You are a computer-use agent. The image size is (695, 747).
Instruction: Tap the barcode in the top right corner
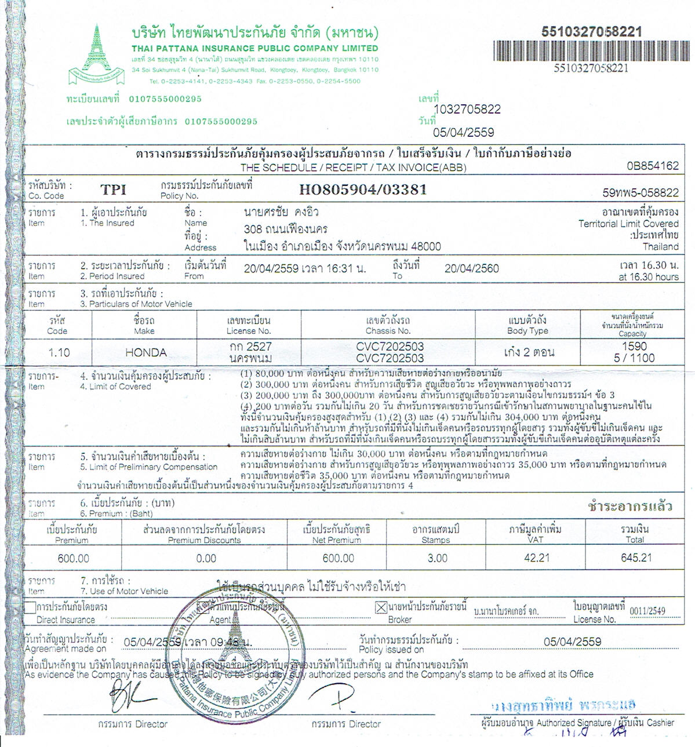click(x=591, y=51)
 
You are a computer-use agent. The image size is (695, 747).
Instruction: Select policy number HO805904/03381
click(x=363, y=190)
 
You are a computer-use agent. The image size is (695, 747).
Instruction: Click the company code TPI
click(x=113, y=190)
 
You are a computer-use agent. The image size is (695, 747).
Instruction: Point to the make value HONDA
click(x=146, y=352)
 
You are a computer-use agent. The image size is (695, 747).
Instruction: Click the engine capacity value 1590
click(x=634, y=346)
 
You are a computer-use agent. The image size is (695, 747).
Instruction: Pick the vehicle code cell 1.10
click(x=59, y=352)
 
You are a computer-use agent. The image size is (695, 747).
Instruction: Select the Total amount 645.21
click(x=636, y=557)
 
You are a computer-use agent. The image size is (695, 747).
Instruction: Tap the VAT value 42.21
click(x=536, y=557)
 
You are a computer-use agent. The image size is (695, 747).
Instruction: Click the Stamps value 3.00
click(x=437, y=558)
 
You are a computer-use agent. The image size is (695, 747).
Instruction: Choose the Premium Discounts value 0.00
click(x=206, y=559)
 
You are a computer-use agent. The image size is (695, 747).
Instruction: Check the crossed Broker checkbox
click(x=381, y=608)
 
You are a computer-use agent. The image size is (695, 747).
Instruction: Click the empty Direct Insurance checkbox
click(x=30, y=608)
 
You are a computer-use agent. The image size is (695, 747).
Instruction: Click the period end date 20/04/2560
click(x=471, y=268)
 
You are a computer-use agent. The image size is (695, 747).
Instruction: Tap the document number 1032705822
click(x=467, y=110)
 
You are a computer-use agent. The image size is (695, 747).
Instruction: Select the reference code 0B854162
click(x=652, y=166)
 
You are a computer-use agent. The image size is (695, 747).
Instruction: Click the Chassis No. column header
click(x=388, y=326)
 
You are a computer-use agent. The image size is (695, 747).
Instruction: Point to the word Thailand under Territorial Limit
click(x=660, y=246)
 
